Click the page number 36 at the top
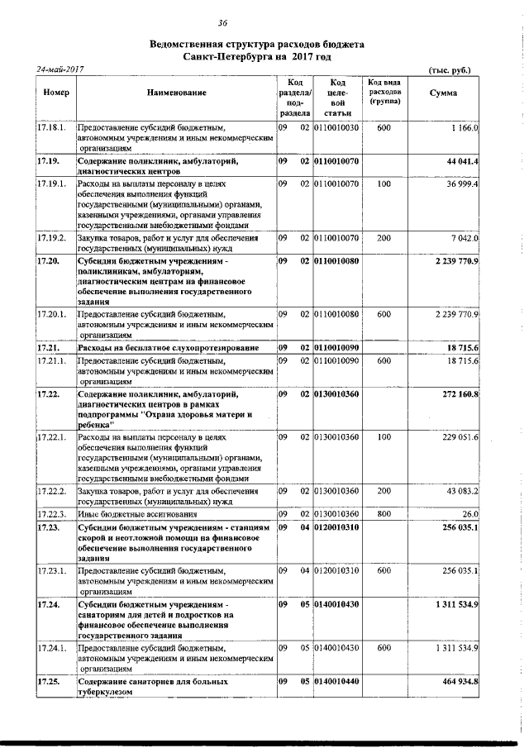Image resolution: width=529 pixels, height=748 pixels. [x=222, y=22]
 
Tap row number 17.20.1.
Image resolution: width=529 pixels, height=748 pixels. [x=53, y=315]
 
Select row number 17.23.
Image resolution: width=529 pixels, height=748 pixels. [x=50, y=527]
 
